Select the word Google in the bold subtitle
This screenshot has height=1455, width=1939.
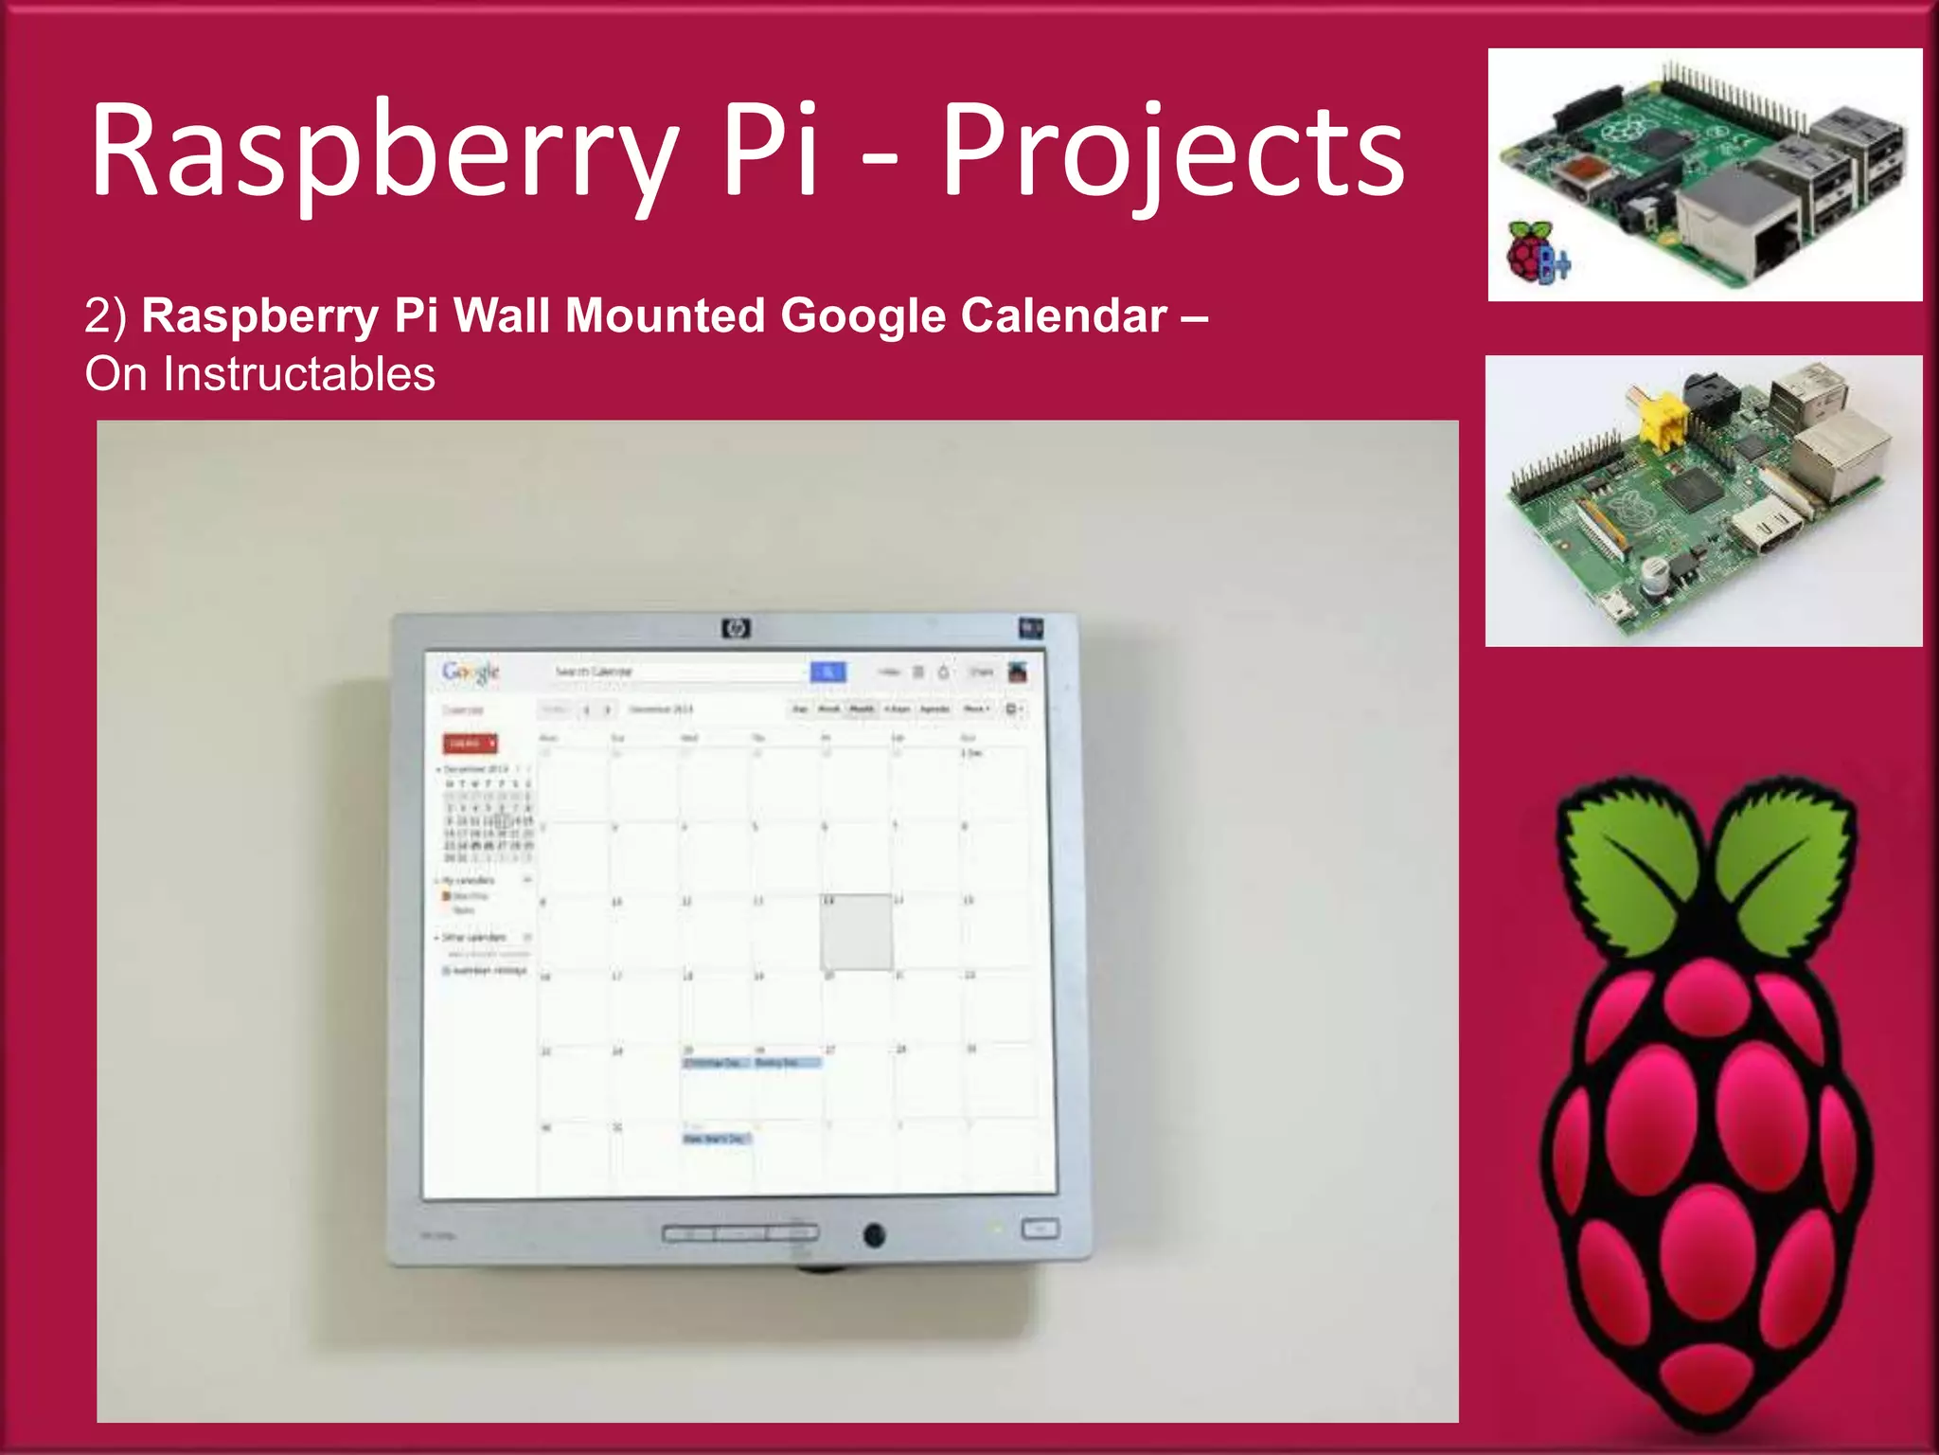863,315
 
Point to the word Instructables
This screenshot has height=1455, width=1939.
299,374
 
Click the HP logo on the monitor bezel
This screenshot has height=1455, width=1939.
736,628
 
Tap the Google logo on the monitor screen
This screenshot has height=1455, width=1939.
471,672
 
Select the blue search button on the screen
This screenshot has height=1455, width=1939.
827,672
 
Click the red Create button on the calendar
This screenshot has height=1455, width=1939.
470,744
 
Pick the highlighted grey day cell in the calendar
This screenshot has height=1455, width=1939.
856,932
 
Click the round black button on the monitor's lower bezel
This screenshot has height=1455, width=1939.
874,1234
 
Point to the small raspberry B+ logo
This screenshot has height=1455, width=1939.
1536,252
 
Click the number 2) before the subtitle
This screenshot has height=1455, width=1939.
105,315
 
